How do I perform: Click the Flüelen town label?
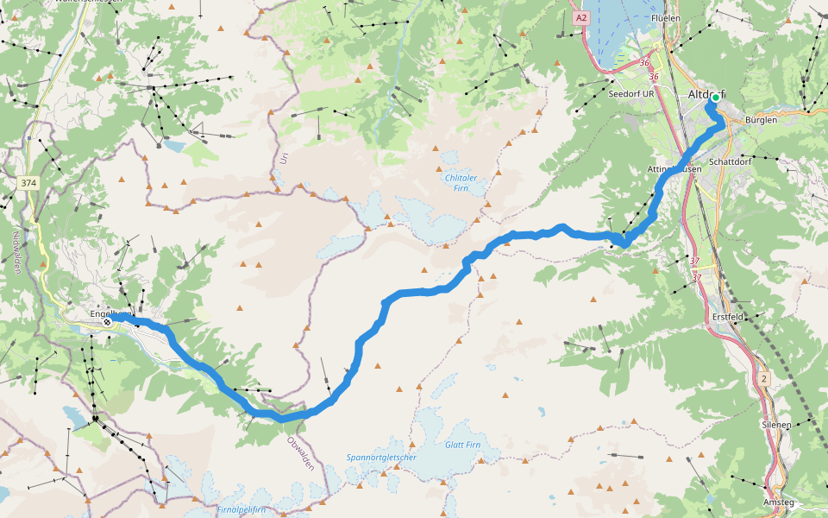(666, 17)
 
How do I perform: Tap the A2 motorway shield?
(581, 16)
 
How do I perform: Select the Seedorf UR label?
(631, 93)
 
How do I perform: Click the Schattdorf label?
(726, 161)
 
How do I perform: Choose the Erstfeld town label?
(728, 317)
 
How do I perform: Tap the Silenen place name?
(775, 425)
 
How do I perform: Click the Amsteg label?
(778, 502)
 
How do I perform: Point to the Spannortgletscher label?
(381, 458)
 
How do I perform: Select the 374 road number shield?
(28, 183)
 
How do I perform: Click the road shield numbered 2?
(763, 378)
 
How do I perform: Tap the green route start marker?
(715, 98)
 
